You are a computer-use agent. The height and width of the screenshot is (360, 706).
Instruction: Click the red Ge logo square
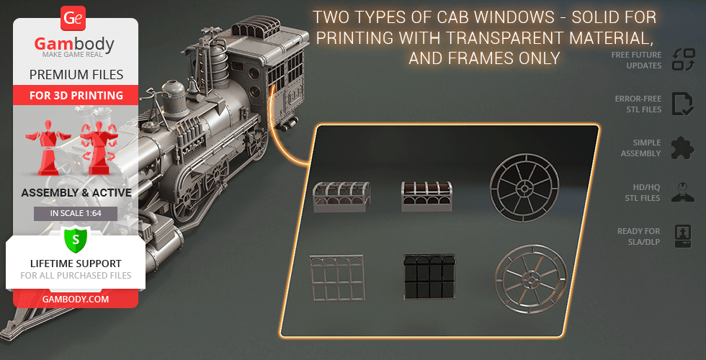point(72,18)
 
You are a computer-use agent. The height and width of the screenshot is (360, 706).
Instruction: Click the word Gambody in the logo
point(75,44)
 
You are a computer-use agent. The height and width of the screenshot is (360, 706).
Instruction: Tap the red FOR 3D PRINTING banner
point(76,95)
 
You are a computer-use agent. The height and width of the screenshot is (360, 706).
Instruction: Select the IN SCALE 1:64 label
point(76,214)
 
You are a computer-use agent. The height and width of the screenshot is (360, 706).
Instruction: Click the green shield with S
point(75,238)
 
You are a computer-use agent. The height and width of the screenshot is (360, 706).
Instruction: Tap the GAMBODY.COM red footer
point(76,298)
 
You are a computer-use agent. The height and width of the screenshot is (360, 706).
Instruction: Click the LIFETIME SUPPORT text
point(76,264)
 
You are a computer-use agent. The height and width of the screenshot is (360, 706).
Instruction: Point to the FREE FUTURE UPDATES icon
point(682,60)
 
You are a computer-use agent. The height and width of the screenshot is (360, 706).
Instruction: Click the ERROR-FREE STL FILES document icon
point(682,104)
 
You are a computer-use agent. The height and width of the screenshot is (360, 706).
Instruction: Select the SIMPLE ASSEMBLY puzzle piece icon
point(682,148)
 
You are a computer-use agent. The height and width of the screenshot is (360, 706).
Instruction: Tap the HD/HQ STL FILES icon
point(682,192)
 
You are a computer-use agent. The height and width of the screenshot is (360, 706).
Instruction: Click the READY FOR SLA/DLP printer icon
point(682,236)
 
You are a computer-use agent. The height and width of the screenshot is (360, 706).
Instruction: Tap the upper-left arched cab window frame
point(341,197)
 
